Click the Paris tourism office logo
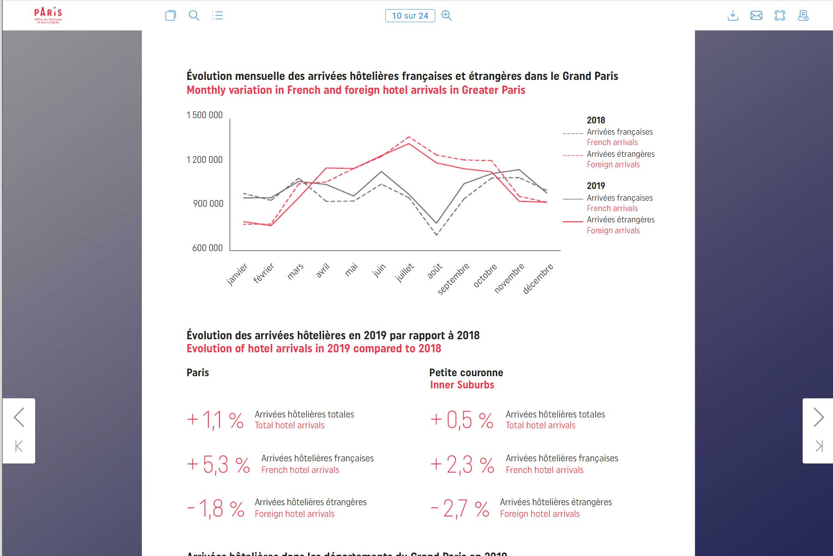(x=48, y=16)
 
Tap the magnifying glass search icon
(x=194, y=16)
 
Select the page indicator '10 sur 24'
(x=410, y=16)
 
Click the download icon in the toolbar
(x=733, y=16)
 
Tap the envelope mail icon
(x=756, y=16)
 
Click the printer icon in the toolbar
(x=803, y=16)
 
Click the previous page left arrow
(x=19, y=417)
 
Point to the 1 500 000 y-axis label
(x=204, y=115)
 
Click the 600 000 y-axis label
(x=207, y=248)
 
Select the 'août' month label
(x=435, y=270)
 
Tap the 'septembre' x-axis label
(x=453, y=278)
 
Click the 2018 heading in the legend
(x=596, y=120)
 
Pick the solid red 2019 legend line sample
(x=573, y=222)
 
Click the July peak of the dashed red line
(x=409, y=137)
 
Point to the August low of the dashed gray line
(x=436, y=235)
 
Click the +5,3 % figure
(x=218, y=464)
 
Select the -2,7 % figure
(x=460, y=509)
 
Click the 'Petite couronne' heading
(x=466, y=373)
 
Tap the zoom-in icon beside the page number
(x=446, y=16)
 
